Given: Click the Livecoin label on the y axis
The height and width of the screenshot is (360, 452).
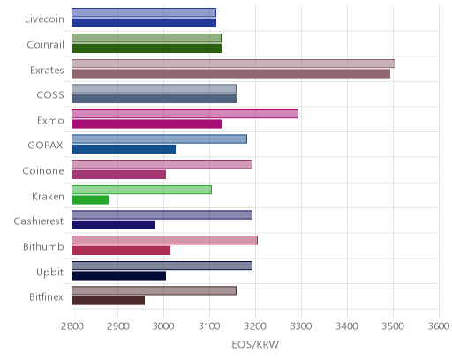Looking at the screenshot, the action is (x=44, y=19).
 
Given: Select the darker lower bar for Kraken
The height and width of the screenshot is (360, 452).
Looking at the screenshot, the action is (x=91, y=200).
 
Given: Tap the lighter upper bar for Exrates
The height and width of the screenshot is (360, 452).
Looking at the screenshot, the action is (x=233, y=64).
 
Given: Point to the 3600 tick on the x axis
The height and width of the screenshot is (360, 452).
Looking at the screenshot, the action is (x=439, y=326).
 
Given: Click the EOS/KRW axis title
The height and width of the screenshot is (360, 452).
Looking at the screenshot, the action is (x=255, y=344).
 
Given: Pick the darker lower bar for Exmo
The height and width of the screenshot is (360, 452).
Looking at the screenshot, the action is (x=147, y=124).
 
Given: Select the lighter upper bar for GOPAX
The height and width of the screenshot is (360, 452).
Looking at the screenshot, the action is (x=159, y=139).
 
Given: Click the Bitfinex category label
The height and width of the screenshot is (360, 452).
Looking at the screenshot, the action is (x=46, y=297).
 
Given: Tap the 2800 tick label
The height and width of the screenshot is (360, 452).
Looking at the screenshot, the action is (x=72, y=326).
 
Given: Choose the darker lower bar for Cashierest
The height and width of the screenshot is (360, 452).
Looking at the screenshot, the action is (x=114, y=225).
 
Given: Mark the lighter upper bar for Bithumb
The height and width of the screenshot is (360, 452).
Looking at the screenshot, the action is (x=164, y=240).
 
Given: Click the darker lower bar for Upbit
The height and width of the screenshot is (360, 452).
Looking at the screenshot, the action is (x=119, y=276).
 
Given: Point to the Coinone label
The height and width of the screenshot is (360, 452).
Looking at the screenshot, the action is (x=43, y=171).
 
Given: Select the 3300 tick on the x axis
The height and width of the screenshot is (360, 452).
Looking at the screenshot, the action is (x=301, y=326).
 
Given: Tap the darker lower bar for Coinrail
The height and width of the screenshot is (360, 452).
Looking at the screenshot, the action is (x=147, y=49).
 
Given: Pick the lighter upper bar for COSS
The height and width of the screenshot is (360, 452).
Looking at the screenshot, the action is (x=154, y=89).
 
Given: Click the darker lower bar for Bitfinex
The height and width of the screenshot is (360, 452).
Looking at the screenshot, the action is (x=109, y=301).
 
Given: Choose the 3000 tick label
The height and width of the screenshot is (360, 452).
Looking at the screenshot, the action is (x=163, y=326).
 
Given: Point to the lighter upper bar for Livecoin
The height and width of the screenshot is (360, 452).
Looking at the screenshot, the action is (x=144, y=12).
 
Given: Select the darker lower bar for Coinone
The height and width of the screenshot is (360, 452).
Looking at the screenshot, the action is (x=119, y=175).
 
